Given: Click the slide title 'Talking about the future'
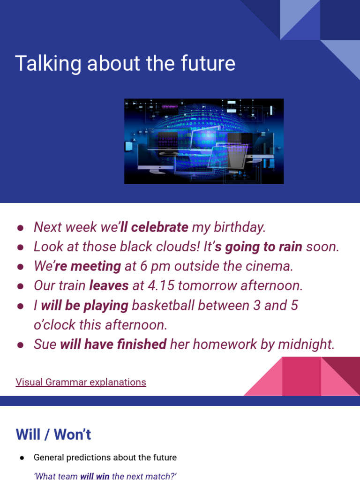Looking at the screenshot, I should coord(125,63).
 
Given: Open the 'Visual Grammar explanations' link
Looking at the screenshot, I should coord(81,382).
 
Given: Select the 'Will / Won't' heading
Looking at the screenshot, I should coord(53,435).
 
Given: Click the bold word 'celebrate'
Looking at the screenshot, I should coord(160,227).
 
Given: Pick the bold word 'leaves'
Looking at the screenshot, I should coord(109,286).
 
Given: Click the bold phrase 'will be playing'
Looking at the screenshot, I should coord(84,306).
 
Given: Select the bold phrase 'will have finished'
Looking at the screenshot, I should coord(113,345).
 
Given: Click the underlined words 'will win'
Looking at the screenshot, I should coord(95,476).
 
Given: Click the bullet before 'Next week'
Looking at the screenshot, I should coord(21,227).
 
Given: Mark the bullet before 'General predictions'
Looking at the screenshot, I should coord(22,457).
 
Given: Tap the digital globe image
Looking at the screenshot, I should coord(204,141).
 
